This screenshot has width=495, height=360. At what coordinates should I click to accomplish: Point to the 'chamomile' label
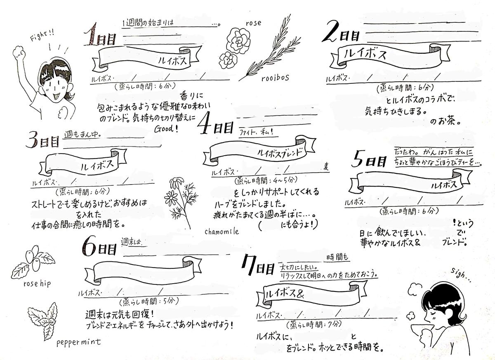[x=222, y=232]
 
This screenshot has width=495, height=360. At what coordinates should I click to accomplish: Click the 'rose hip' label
[x=37, y=284]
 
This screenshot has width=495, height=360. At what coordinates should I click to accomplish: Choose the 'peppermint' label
[x=78, y=342]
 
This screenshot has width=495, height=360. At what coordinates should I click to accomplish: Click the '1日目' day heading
[x=99, y=39]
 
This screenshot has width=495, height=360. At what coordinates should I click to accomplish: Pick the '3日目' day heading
[x=43, y=140]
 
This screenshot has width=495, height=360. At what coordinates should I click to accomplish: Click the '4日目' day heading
[x=214, y=126]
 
